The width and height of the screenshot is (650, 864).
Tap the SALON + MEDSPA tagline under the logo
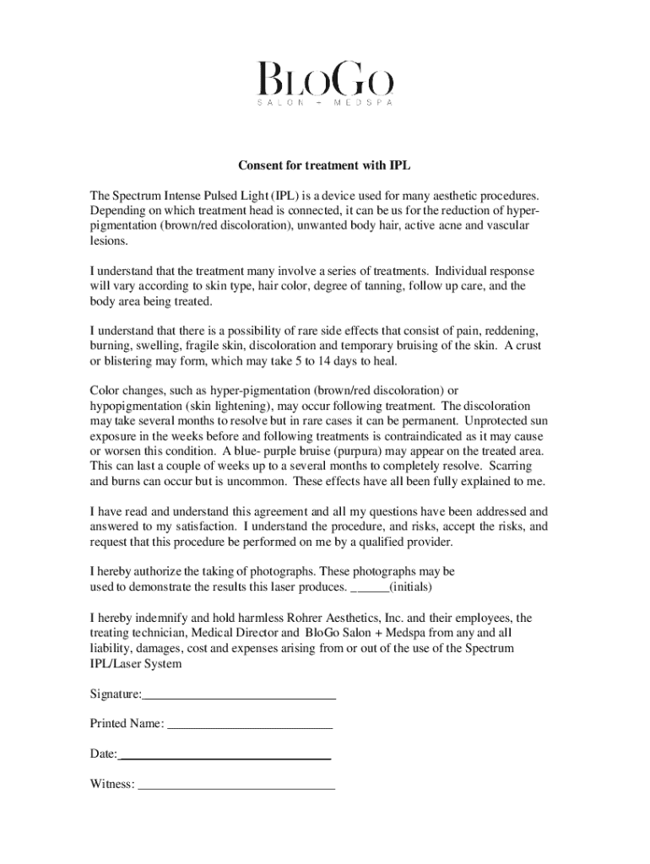(325, 103)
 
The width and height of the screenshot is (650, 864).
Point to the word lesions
(110, 240)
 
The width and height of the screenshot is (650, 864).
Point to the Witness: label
(112, 784)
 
